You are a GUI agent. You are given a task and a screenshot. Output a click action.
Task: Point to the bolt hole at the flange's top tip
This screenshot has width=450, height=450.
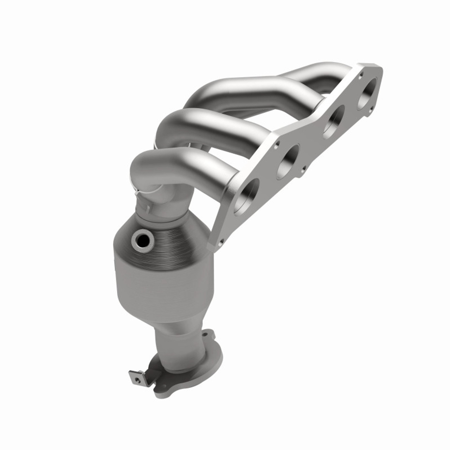pos(361,74)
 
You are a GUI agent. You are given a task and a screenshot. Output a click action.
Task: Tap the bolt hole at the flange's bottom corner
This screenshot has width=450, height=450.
pos(221,242)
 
